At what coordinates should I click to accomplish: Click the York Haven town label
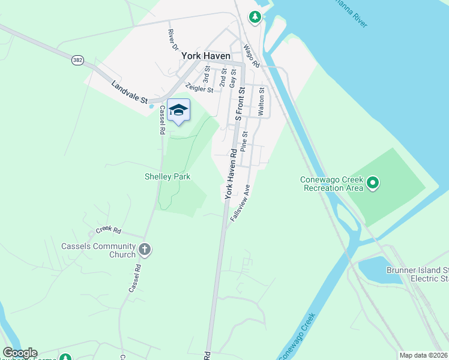click(x=206, y=55)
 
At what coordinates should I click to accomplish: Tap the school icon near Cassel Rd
click(x=178, y=110)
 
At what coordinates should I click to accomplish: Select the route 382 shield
click(x=77, y=60)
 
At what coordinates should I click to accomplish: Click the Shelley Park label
click(x=167, y=176)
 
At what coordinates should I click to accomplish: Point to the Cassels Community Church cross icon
click(x=144, y=249)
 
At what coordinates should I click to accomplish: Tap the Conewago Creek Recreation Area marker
click(x=372, y=182)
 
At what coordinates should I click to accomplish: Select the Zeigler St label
click(x=199, y=88)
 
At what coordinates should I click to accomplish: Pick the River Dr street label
click(x=173, y=39)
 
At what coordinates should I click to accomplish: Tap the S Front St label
click(x=240, y=103)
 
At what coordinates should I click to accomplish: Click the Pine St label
click(x=244, y=142)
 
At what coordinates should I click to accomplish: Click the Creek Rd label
click(x=109, y=230)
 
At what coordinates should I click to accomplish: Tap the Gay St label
click(x=233, y=78)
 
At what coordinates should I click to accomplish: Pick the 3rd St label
click(x=206, y=77)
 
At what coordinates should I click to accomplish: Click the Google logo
click(x=20, y=353)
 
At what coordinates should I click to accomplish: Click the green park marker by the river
click(x=256, y=17)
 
